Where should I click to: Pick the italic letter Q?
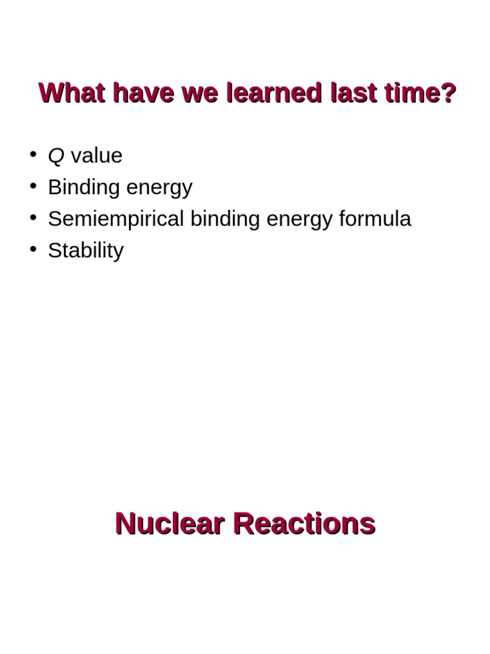(56, 156)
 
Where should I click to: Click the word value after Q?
(96, 156)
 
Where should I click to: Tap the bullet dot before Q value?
(33, 154)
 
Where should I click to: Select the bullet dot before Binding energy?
(33, 185)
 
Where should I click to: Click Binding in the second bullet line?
(84, 188)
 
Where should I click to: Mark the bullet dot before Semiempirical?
(33, 217)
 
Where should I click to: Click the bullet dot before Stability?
(33, 248)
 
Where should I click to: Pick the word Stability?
(85, 250)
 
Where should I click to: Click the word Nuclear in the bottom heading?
(169, 524)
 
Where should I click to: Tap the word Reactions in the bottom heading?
(304, 524)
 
